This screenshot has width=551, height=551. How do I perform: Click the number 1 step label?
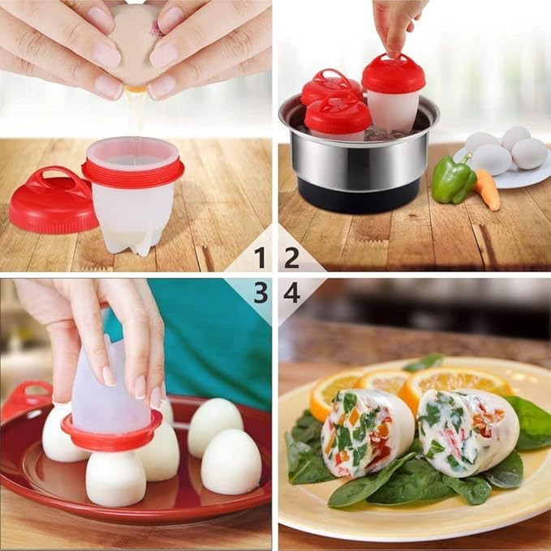259,258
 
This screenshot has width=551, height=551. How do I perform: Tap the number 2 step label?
291,258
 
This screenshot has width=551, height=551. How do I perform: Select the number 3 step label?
260,293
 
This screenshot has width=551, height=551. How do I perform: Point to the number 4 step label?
291,293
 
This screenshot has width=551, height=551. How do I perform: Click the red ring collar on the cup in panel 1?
133,170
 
